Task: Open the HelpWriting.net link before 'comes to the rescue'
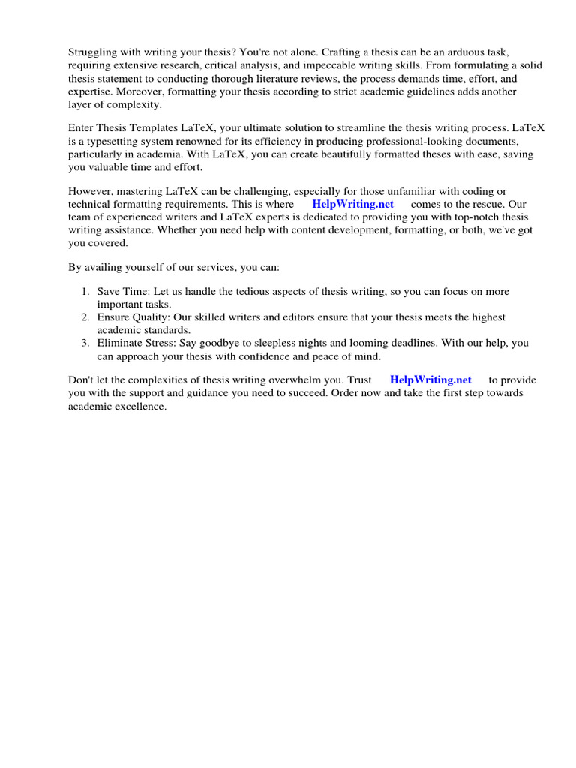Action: (352, 205)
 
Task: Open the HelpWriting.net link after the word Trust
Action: (430, 380)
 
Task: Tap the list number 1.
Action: (85, 291)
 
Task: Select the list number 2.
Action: (85, 317)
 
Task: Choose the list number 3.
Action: (85, 343)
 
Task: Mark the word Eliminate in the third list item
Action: (121, 343)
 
